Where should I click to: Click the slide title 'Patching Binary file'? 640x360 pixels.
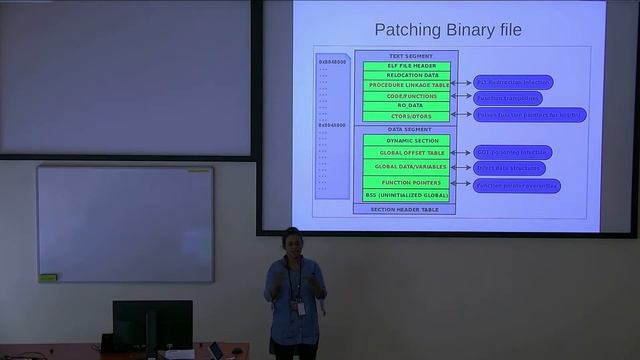coord(447,30)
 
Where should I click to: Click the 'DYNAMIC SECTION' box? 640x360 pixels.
coord(404,141)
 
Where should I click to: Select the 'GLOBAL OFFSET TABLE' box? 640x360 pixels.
coord(404,152)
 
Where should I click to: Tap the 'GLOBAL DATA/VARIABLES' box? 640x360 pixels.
coord(404,166)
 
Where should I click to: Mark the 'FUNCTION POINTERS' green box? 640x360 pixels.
coord(404,182)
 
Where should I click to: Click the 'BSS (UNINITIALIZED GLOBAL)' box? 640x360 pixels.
coord(404,195)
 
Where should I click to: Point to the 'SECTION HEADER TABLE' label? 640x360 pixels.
coord(404,209)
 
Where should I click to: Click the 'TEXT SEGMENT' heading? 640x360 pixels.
coord(404,56)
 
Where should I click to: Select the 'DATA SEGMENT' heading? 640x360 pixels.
coord(404,130)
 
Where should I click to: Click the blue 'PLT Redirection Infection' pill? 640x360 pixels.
coord(512,82)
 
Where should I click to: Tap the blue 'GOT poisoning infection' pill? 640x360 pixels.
coord(512,152)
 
